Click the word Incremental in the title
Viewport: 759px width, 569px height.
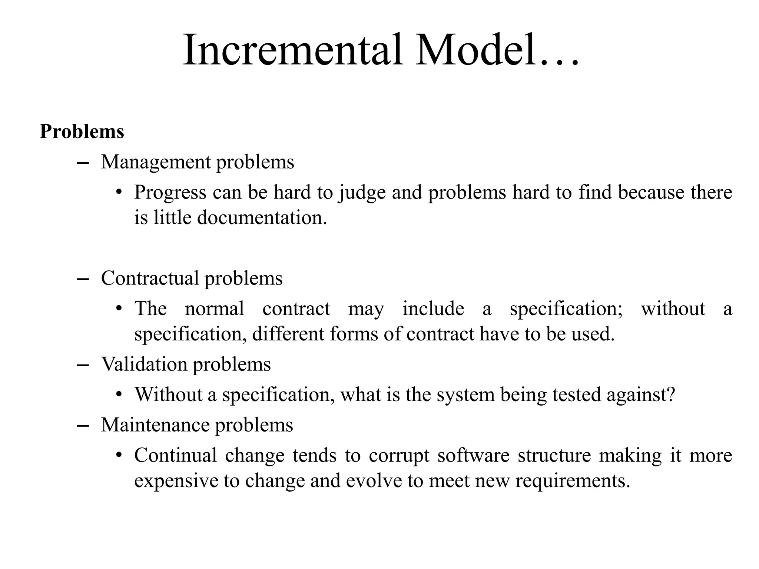(x=293, y=50)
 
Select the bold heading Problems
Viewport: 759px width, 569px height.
(x=82, y=132)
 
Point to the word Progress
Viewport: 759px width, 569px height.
(x=170, y=193)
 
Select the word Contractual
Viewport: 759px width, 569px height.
(x=150, y=278)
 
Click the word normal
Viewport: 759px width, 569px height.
(x=215, y=309)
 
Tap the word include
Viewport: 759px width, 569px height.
(x=433, y=309)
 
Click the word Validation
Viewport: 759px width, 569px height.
(x=144, y=364)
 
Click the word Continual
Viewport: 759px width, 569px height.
(x=175, y=455)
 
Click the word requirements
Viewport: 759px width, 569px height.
(x=573, y=481)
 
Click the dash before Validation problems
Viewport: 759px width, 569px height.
(x=83, y=365)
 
